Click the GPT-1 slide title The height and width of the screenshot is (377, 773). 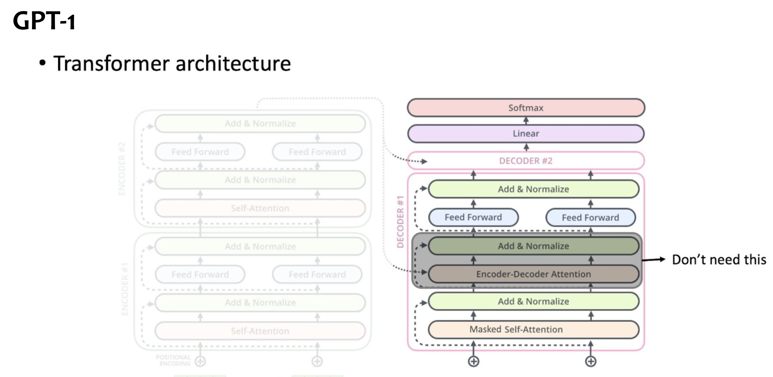coord(44,21)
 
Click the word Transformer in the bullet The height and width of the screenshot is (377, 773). coord(112,63)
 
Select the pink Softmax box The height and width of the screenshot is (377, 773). coord(526,108)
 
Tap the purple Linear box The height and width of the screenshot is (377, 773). coord(526,134)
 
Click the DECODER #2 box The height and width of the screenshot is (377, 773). coord(526,161)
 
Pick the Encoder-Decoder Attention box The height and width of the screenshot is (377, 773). coord(533,274)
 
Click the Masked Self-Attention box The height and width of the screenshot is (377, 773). coord(533,329)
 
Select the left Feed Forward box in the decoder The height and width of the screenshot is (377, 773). coord(473,217)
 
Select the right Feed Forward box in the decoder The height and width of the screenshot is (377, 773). coord(590,217)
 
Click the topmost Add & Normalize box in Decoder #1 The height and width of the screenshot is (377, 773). coord(533,189)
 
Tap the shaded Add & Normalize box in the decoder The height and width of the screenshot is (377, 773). coord(533,246)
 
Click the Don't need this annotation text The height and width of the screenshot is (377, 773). coord(719,259)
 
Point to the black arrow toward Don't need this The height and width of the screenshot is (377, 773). coord(654,259)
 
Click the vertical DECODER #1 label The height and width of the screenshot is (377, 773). coord(400,221)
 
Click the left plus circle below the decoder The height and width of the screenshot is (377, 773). coord(473,361)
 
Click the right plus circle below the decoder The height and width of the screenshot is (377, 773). coord(590,361)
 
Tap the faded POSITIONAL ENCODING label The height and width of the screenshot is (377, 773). coord(174,360)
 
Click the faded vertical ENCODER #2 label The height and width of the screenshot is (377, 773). coord(122,169)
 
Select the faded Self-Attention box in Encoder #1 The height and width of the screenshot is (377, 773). coord(260,331)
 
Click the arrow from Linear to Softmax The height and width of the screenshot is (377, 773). coord(526,121)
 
